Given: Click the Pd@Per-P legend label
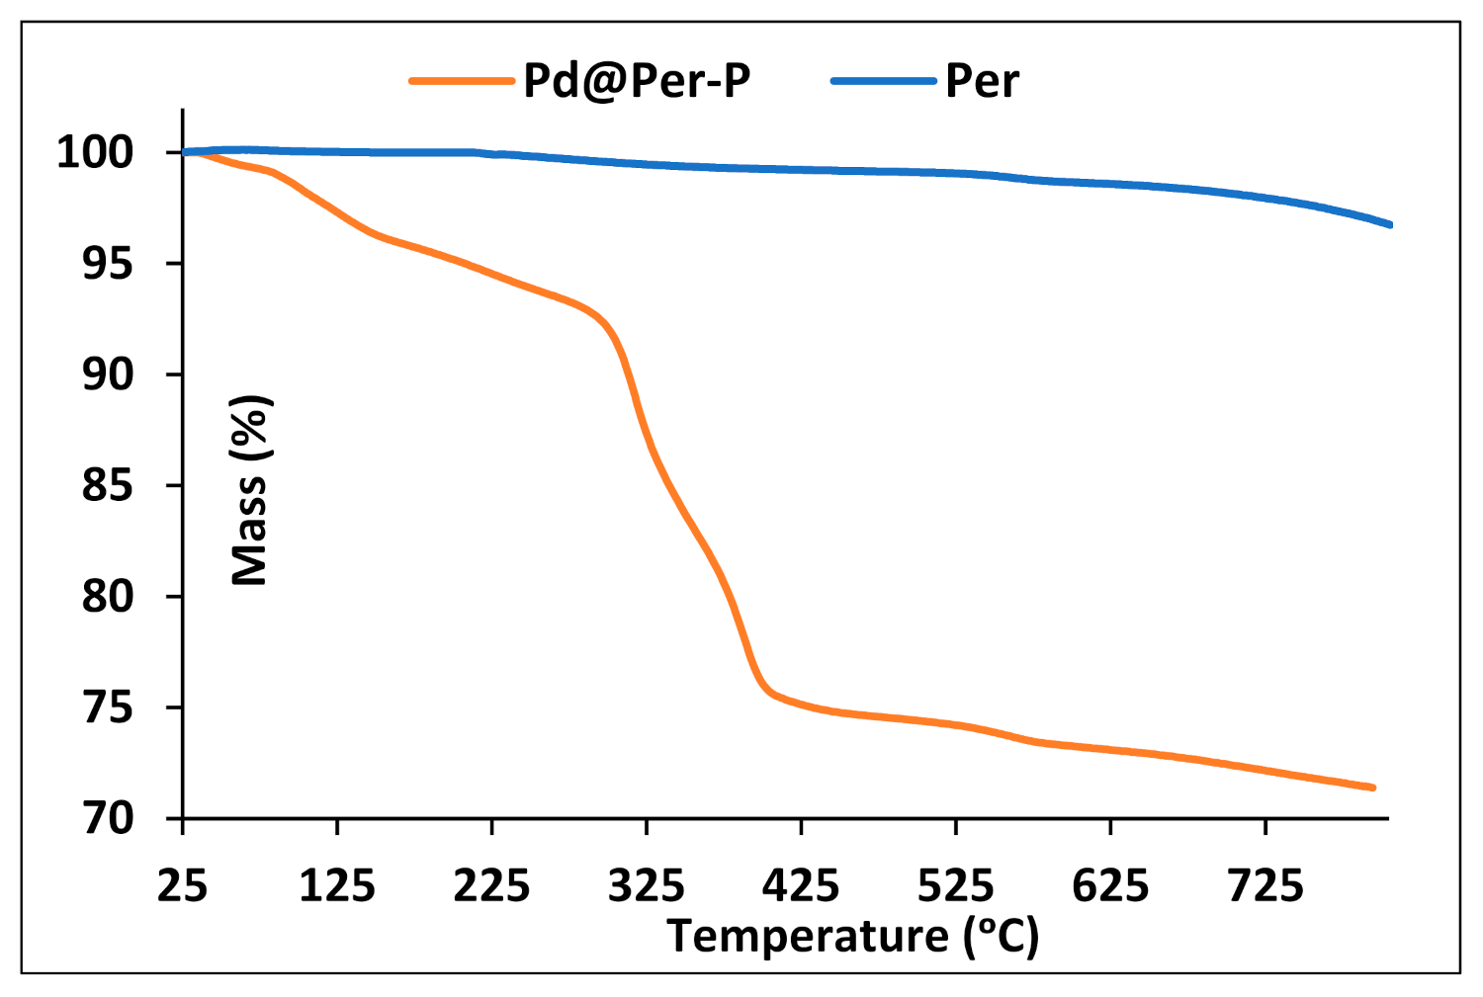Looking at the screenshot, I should pyautogui.click(x=636, y=81).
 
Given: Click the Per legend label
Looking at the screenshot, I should pyautogui.click(x=982, y=81).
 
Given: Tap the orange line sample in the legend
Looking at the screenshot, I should pyautogui.click(x=462, y=81).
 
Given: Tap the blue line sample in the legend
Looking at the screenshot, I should pyautogui.click(x=883, y=81).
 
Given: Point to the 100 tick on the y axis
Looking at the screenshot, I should pyautogui.click(x=95, y=152).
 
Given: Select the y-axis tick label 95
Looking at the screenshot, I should pyautogui.click(x=108, y=264).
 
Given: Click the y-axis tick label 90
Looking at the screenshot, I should pyautogui.click(x=108, y=374).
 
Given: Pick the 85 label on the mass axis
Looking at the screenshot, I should pyautogui.click(x=108, y=485).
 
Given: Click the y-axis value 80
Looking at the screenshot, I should pyautogui.click(x=108, y=597).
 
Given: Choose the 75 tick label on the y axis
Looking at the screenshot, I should pyautogui.click(x=108, y=707).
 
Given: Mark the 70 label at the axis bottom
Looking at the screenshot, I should pyautogui.click(x=108, y=818).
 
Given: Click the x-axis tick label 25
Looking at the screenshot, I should pyautogui.click(x=183, y=885).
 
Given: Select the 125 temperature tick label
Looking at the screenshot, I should pyautogui.click(x=337, y=885).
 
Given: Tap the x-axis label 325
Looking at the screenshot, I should pyautogui.click(x=647, y=885).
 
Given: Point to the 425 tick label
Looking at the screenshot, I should pyautogui.click(x=801, y=885).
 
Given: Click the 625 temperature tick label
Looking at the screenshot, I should pyautogui.click(x=1110, y=885).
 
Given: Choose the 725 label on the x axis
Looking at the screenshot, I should pyautogui.click(x=1265, y=885).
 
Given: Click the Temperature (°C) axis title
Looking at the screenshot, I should pyautogui.click(x=853, y=936).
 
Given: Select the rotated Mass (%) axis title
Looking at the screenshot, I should pyautogui.click(x=250, y=490).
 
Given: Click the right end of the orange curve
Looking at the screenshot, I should pyautogui.click(x=1372, y=788).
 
